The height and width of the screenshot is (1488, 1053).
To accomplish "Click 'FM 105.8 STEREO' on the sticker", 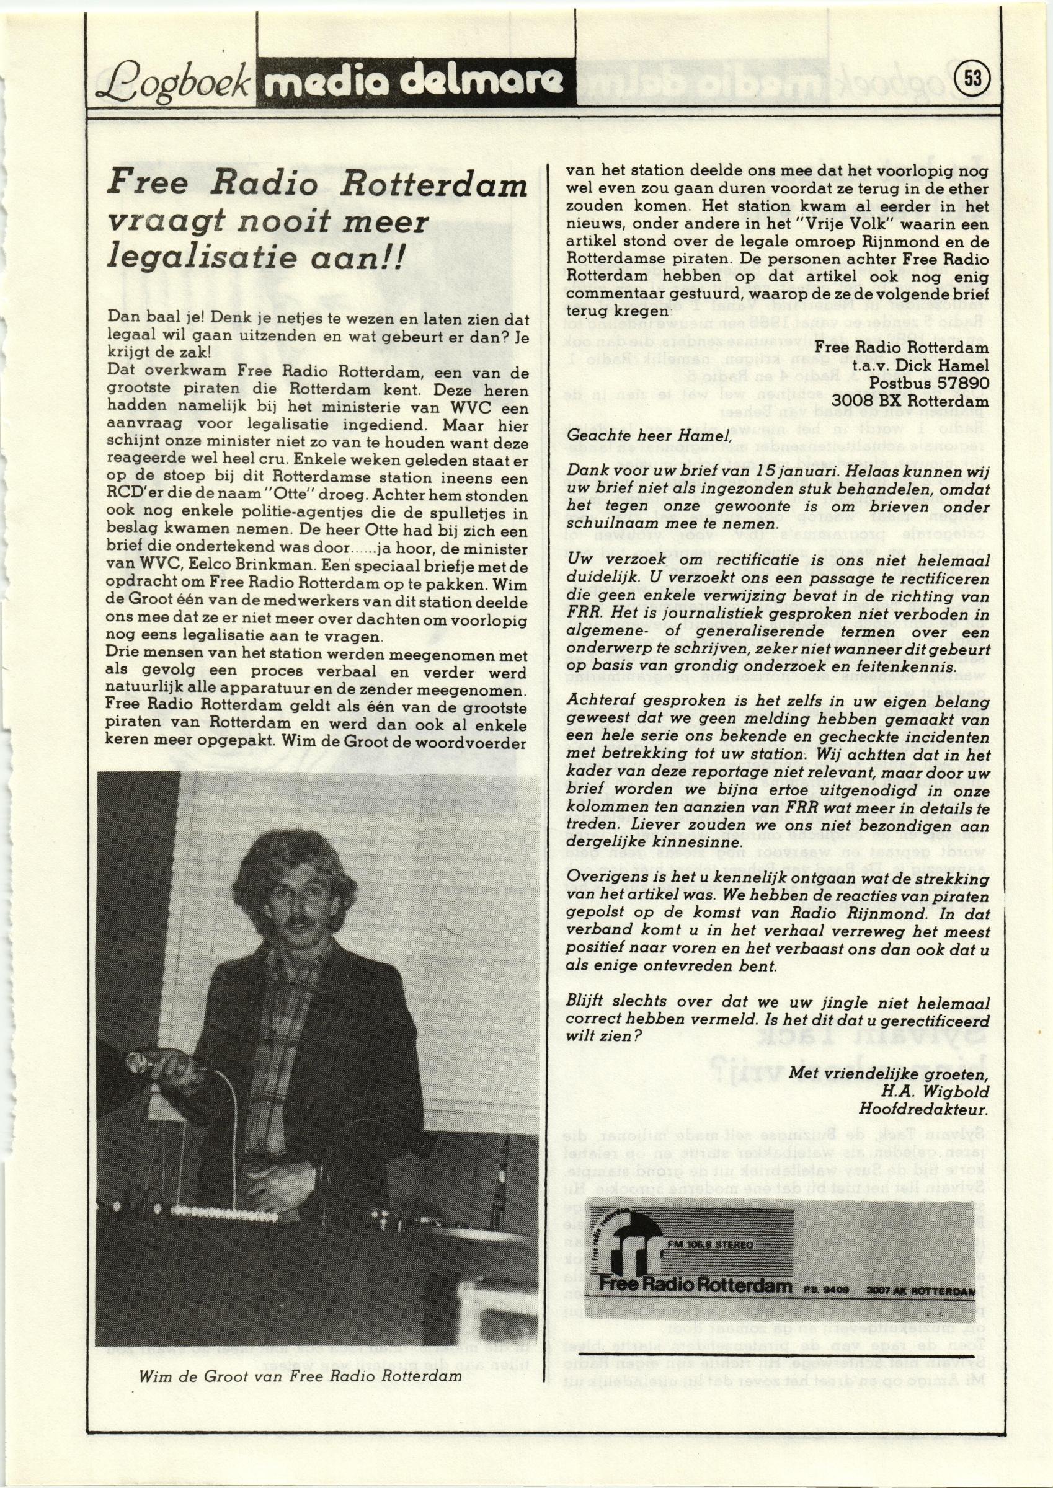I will (710, 1244).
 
